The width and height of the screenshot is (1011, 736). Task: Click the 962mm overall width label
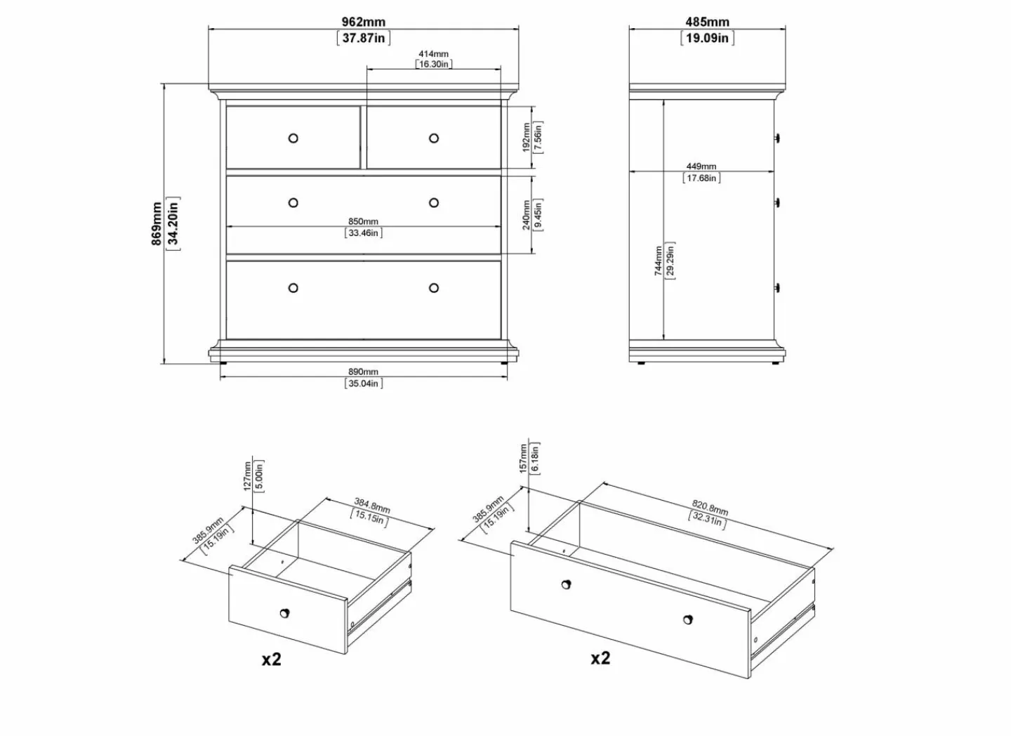364,22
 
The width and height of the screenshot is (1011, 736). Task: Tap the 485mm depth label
707,22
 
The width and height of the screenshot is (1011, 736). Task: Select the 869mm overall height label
156,223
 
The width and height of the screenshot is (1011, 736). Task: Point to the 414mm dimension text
433,54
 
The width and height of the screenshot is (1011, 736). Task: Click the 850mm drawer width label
363,222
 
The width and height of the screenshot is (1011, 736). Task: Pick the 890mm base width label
363,372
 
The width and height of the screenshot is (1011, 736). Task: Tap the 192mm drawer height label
526,137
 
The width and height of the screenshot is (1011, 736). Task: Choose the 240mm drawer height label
526,215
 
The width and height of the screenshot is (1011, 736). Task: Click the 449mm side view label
701,166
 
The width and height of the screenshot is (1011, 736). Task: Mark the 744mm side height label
658,261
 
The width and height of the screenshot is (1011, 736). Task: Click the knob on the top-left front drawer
293,138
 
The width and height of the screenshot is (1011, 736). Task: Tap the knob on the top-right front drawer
434,138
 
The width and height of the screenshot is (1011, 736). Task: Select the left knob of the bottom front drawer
293,288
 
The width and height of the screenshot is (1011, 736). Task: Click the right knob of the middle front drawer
434,203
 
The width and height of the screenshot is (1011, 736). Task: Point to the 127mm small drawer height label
247,476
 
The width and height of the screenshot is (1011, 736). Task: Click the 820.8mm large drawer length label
710,507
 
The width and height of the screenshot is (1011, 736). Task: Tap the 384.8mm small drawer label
372,505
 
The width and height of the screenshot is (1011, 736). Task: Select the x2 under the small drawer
271,659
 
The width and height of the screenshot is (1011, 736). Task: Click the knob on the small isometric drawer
284,613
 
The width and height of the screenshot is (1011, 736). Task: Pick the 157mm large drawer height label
523,459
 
